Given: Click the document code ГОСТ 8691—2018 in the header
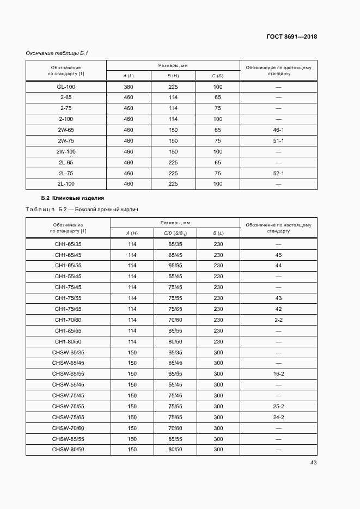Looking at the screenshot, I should [292, 37].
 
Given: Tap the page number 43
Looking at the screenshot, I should [313, 463].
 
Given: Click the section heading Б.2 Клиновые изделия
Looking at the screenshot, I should [72, 198].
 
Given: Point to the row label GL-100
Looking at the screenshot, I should [66, 87].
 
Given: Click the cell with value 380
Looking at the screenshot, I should [129, 87].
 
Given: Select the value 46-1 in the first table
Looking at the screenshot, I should [278, 130].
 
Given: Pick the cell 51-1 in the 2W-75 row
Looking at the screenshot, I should [278, 141].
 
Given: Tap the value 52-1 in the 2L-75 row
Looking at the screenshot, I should [278, 173].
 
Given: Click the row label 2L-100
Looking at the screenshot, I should [66, 184].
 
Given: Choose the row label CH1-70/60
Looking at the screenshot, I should [68, 320].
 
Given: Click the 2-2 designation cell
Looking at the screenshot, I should [278, 320].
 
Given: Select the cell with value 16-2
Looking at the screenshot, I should [278, 374].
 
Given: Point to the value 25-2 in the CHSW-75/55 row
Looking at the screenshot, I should [278, 407].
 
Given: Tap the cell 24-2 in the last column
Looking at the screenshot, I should [278, 418].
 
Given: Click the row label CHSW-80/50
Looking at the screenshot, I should [68, 450].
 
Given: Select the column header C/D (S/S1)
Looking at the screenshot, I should [175, 234].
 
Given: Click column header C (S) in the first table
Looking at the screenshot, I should [218, 76].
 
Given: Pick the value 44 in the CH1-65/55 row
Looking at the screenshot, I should [278, 266].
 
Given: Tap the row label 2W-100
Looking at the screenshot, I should [66, 152].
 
